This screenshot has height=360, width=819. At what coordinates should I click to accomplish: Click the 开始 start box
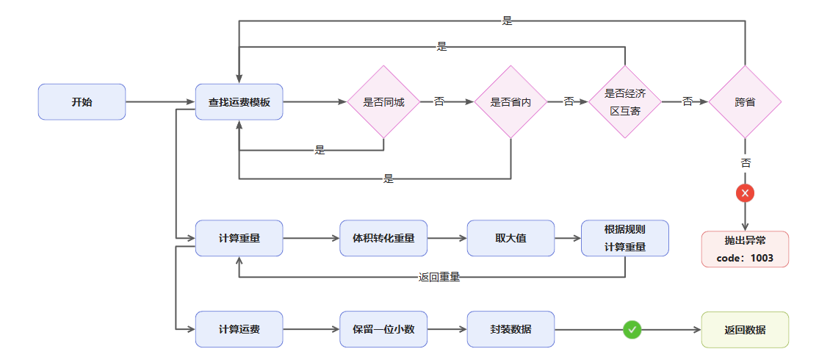pos(82,102)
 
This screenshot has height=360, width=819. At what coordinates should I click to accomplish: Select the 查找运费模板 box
pos(239,102)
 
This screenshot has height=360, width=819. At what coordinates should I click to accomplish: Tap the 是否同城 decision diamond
pos(383,102)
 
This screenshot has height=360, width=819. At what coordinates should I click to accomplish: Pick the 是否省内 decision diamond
pos(510,102)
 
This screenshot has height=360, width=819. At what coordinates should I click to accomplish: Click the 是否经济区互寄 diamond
pos(625,102)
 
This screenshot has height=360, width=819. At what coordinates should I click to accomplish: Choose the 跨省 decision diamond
pos(745,102)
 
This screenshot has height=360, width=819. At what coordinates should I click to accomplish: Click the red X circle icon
pos(745,193)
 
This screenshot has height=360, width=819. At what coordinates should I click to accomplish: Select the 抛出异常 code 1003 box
pos(745,249)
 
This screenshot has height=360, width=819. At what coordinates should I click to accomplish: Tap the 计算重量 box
pos(239,238)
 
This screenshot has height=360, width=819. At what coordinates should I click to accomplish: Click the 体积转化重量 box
pos(383,238)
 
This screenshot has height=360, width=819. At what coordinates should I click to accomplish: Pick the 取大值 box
pos(510,238)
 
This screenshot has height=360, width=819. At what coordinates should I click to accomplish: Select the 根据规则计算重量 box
pos(625,238)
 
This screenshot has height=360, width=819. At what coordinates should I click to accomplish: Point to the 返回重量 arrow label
pos(439,277)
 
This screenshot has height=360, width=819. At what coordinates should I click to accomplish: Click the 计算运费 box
pos(239,329)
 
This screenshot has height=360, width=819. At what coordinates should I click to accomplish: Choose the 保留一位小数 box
pos(383,329)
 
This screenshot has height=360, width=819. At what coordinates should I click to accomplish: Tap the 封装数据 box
pos(510,329)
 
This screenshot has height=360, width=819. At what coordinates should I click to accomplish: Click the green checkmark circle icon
pos(632,330)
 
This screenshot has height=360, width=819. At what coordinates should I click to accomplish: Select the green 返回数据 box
pos(745,329)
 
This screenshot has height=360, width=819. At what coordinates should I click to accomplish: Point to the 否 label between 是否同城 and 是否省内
pos(439,101)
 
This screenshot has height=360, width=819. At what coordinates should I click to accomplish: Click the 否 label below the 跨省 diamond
pos(746,163)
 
